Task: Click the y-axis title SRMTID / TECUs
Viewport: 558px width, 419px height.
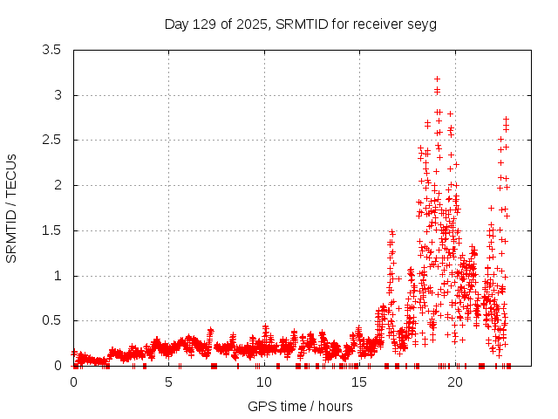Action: coord(12,208)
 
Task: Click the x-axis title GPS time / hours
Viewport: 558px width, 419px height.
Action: coord(300,406)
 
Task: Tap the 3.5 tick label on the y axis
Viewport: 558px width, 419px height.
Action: coord(51,50)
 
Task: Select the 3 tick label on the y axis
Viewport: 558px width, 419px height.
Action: coord(57,95)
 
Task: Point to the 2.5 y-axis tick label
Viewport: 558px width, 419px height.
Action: coord(51,140)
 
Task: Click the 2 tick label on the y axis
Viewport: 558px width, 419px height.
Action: coord(57,185)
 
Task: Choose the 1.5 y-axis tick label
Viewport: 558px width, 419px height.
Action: coord(51,230)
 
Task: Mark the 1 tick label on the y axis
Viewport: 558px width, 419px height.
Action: coord(57,276)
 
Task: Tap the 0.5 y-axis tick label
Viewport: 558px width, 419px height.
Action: coord(51,320)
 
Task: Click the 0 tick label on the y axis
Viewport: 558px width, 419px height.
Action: coord(57,366)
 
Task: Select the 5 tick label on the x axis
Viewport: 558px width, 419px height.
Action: coord(168,382)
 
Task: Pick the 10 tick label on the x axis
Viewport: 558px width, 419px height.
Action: coord(263,382)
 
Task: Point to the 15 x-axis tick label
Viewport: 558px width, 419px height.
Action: coord(358,382)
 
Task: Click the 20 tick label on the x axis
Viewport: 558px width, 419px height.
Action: coord(453,382)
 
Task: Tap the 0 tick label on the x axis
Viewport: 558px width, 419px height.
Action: coord(73,382)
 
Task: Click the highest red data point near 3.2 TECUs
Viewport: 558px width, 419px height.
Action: coord(437,79)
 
